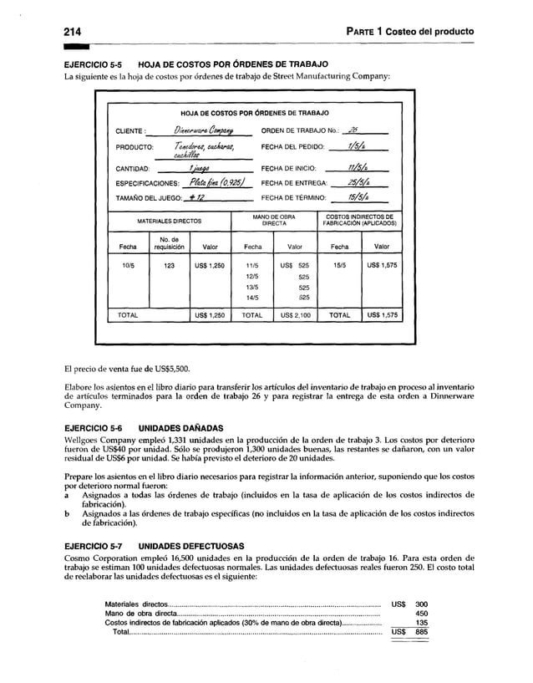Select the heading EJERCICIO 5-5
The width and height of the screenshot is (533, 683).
pos(88,64)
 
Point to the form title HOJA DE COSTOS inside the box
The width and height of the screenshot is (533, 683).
pos(255,112)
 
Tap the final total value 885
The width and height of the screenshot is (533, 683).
pos(421,632)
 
